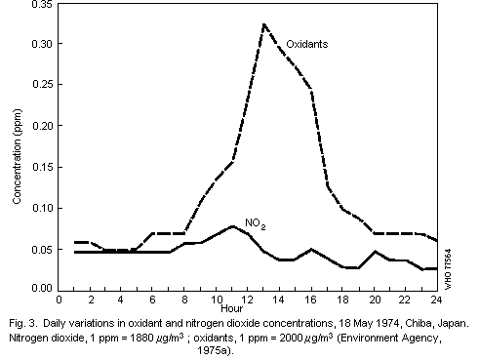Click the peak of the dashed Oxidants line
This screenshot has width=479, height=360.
point(264,24)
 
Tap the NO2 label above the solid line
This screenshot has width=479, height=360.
point(255,224)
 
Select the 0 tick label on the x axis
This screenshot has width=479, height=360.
point(60,300)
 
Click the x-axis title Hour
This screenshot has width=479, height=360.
point(248,312)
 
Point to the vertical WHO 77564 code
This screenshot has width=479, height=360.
point(450,262)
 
